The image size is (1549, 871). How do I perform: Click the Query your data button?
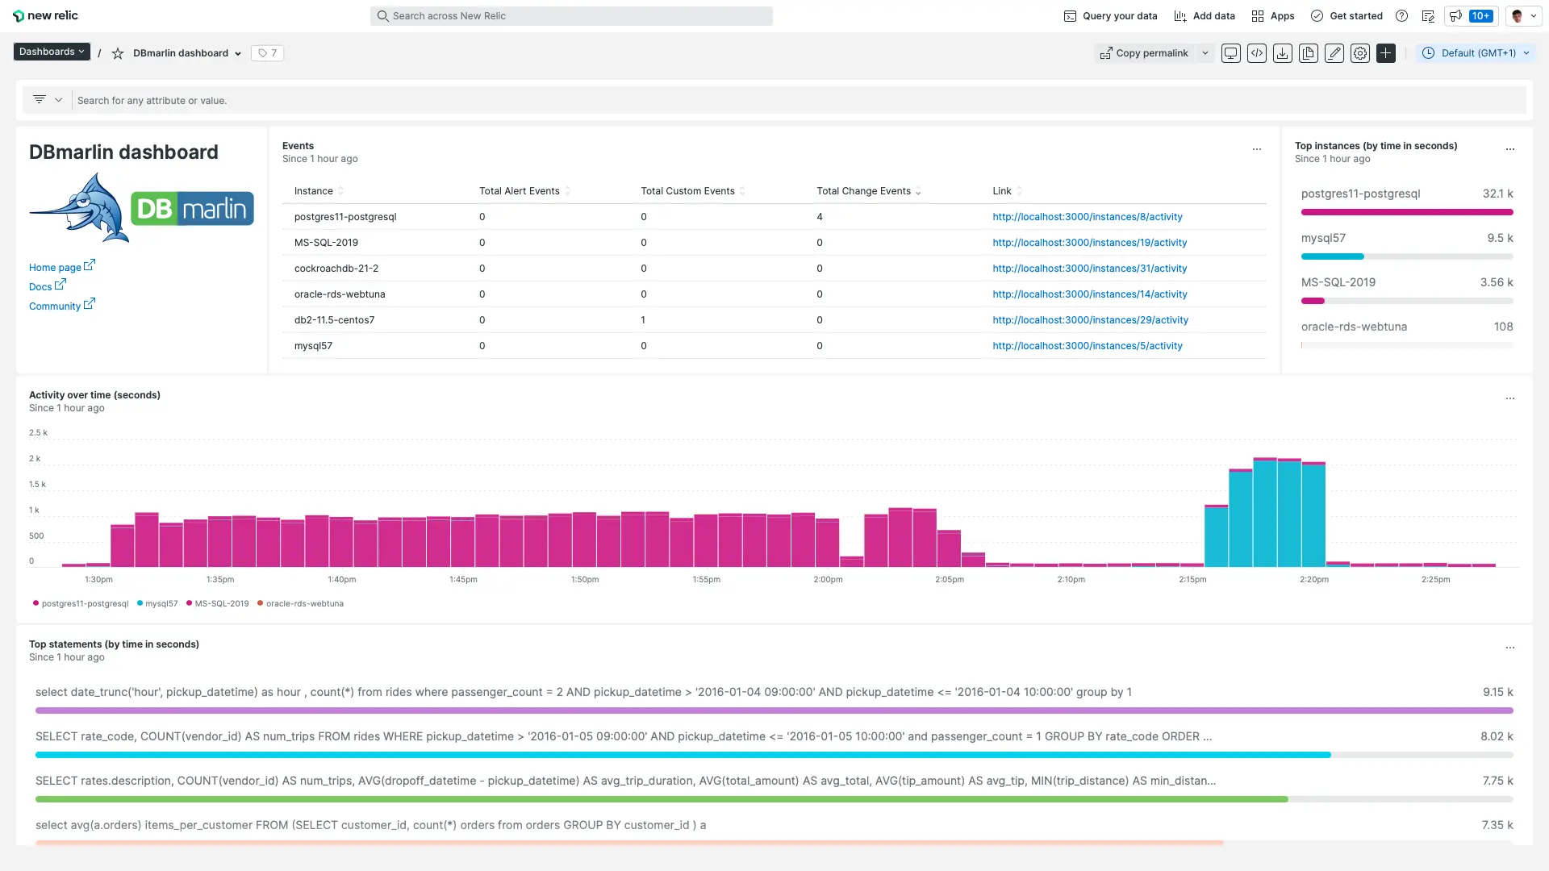[1110, 16]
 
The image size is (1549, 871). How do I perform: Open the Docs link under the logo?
[40, 287]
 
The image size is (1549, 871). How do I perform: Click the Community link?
[55, 306]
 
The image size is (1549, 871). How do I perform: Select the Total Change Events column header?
[863, 191]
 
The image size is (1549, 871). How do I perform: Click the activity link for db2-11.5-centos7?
[1090, 320]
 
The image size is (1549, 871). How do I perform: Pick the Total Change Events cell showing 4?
[820, 217]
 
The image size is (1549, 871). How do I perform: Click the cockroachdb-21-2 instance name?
[336, 269]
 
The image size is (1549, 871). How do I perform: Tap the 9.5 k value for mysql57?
[1500, 238]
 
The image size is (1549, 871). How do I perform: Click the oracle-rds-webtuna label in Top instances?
[1354, 327]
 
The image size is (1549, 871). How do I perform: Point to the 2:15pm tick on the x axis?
[1192, 580]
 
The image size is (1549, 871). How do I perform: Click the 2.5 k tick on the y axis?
[38, 433]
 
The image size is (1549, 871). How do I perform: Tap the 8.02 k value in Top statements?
[1497, 736]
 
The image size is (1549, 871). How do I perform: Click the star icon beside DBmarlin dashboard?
[118, 53]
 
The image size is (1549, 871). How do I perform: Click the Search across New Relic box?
[571, 16]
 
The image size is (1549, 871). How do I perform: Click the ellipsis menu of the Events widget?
[1256, 149]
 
